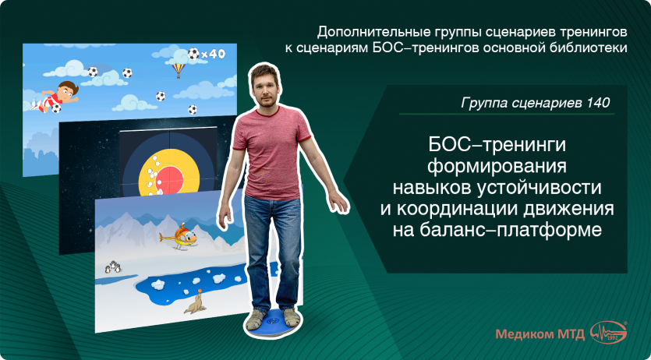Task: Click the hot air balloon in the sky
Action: tap(179, 70)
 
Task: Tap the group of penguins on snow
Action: tap(115, 266)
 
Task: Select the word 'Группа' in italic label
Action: tap(484, 102)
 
